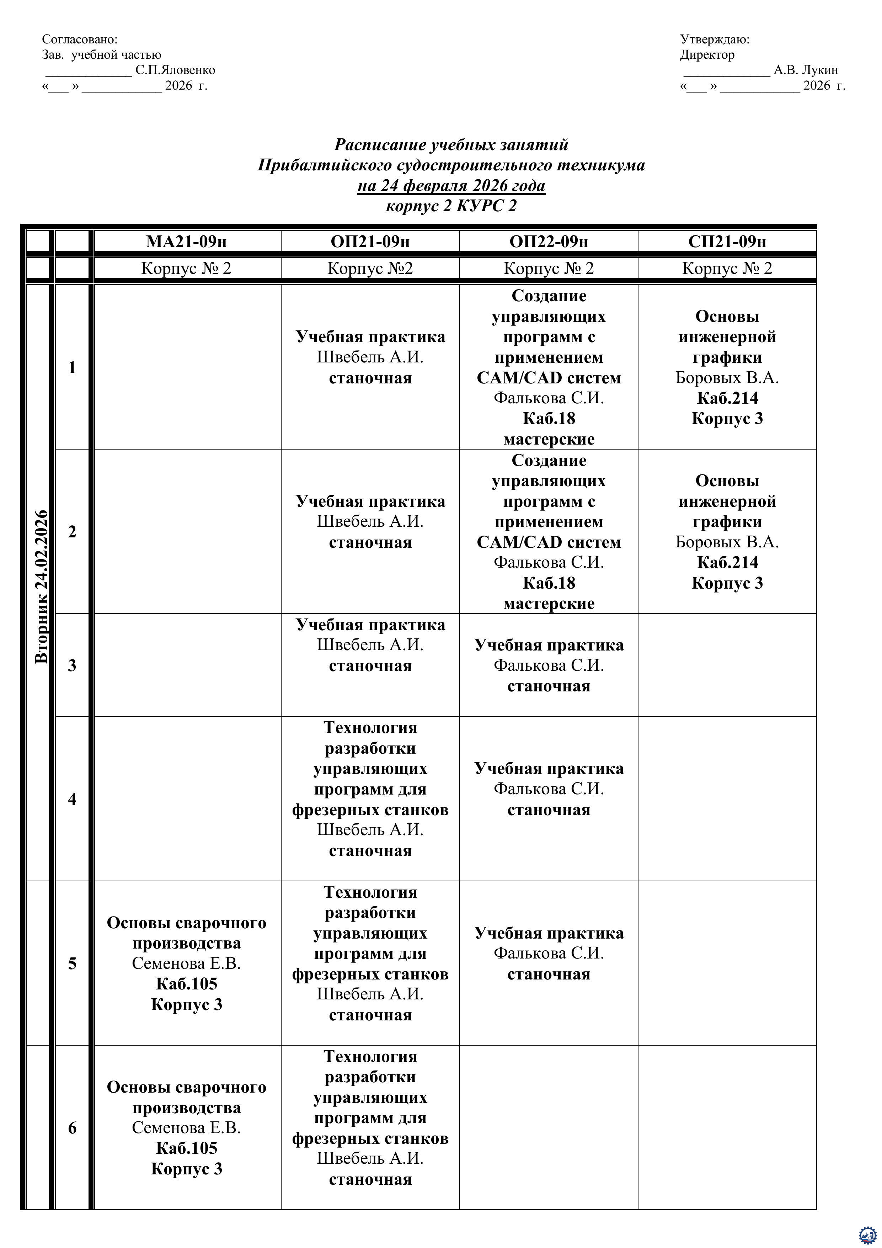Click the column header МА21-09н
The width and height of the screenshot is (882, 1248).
pyautogui.click(x=186, y=241)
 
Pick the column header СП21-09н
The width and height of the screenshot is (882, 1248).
pyautogui.click(x=727, y=241)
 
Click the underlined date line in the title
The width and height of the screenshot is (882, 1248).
pyautogui.click(x=451, y=186)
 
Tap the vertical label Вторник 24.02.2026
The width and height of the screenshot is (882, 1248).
pyautogui.click(x=41, y=586)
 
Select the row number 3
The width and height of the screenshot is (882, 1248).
pyautogui.click(x=72, y=665)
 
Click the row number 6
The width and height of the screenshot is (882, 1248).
pyautogui.click(x=72, y=1128)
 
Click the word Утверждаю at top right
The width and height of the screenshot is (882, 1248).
pyautogui.click(x=714, y=40)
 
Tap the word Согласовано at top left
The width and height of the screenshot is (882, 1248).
pyautogui.click(x=79, y=40)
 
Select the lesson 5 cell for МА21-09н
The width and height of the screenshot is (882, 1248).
pyautogui.click(x=186, y=963)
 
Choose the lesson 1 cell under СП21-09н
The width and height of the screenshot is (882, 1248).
pyautogui.click(x=727, y=367)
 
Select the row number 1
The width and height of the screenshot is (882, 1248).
pyautogui.click(x=72, y=367)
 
